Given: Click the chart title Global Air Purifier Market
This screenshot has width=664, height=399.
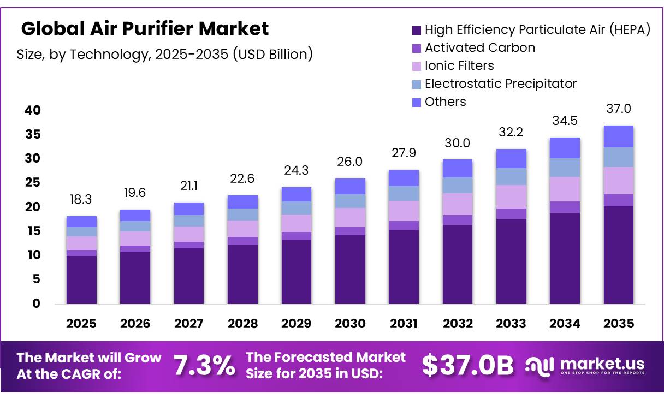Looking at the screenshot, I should tap(145, 29).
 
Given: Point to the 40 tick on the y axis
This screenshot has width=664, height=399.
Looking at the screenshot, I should tap(33, 111).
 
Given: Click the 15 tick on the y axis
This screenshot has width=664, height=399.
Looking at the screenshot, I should tap(33, 231).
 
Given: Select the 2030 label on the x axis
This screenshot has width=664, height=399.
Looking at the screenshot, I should tap(350, 324).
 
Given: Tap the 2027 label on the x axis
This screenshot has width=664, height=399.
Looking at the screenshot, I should tap(189, 324).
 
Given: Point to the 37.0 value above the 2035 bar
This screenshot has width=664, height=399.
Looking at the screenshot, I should tap(619, 109).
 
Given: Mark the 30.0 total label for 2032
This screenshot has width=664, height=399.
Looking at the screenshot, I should tap(457, 143).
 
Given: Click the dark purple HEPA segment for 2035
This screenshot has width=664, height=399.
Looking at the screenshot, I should tap(619, 255).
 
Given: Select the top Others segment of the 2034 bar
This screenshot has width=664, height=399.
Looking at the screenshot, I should tap(565, 148).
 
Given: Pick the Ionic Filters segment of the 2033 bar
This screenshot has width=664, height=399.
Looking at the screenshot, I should tap(511, 196).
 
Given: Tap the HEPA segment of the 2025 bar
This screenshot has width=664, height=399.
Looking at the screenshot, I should tap(81, 279).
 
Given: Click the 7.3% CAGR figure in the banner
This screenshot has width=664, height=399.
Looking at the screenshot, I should tap(204, 366).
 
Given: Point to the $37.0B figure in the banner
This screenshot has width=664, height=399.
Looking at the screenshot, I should tap(467, 366).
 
